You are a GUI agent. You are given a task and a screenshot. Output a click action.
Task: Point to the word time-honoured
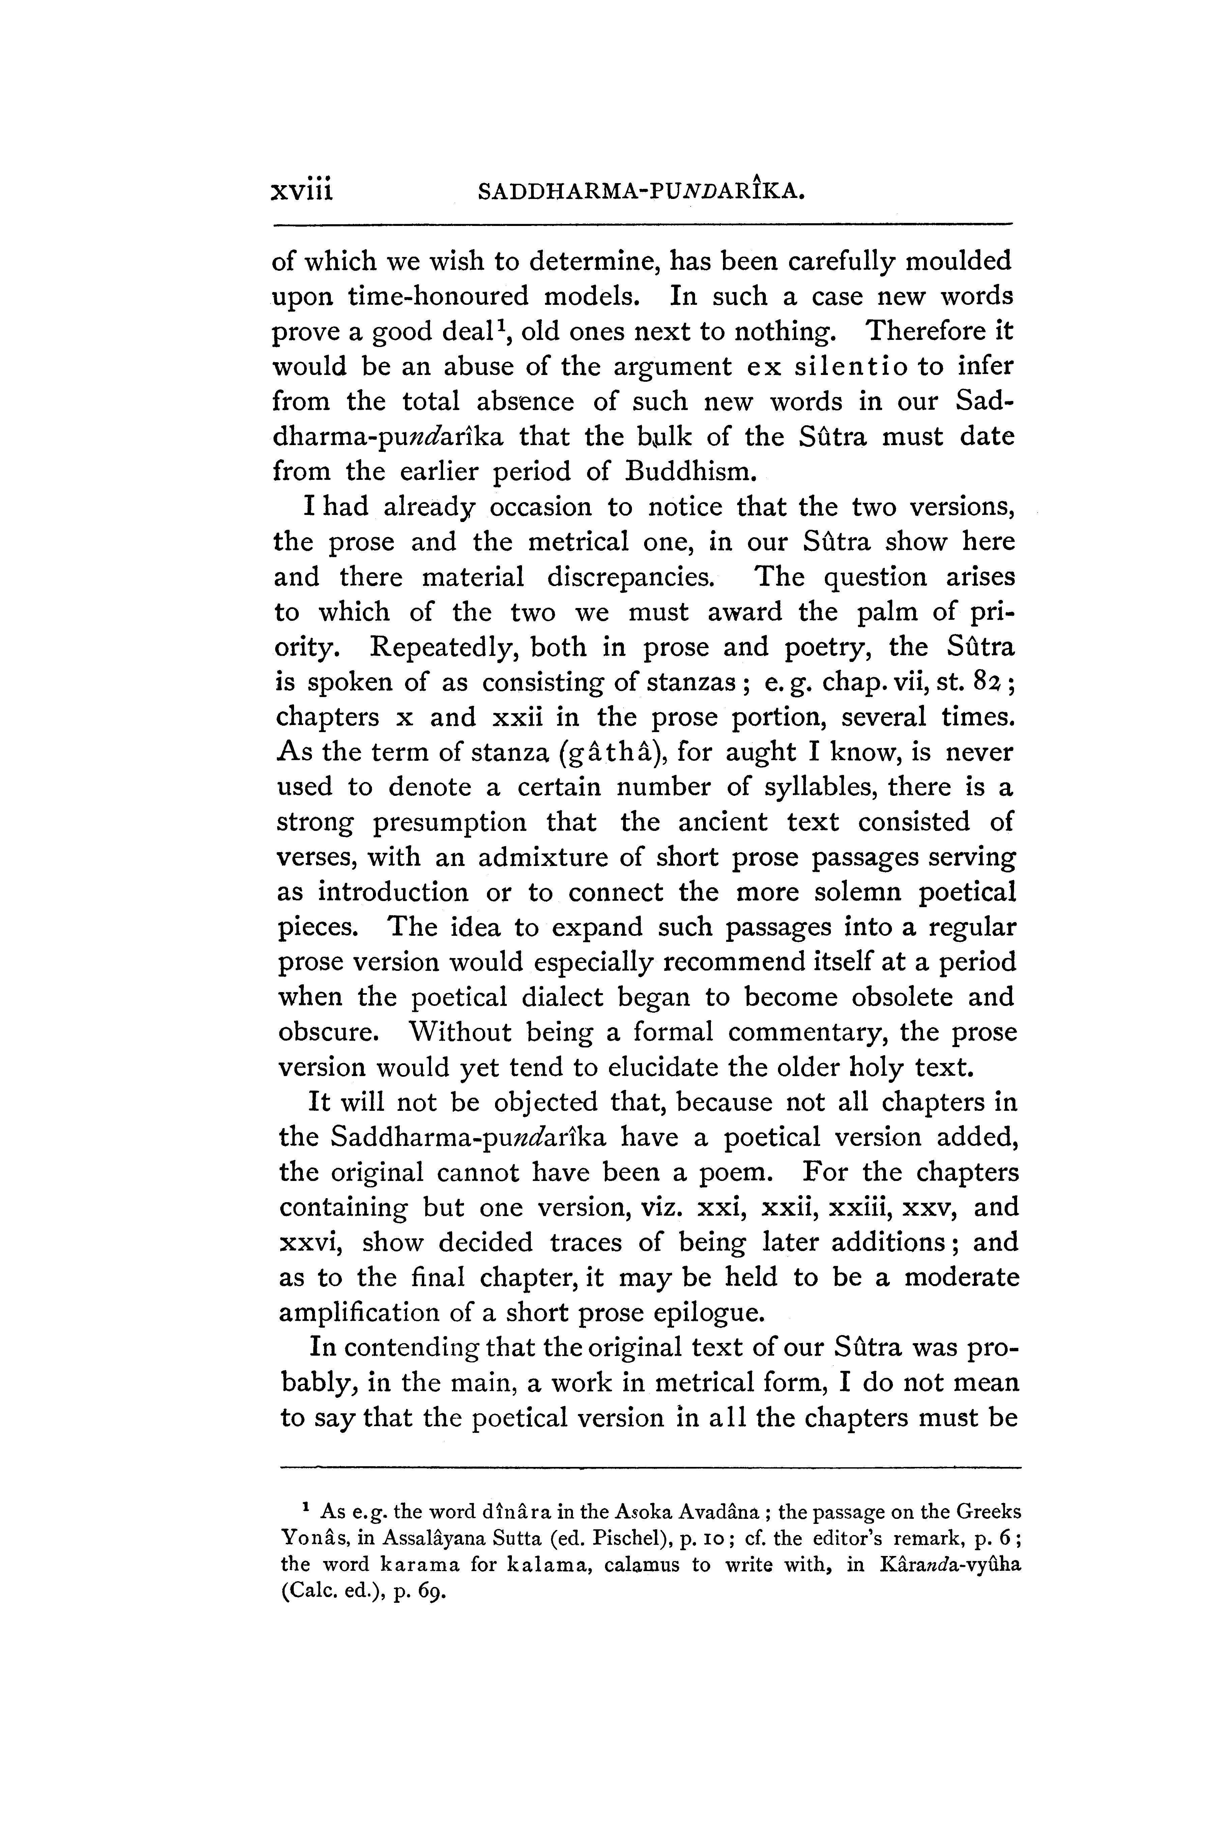[444, 296]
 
